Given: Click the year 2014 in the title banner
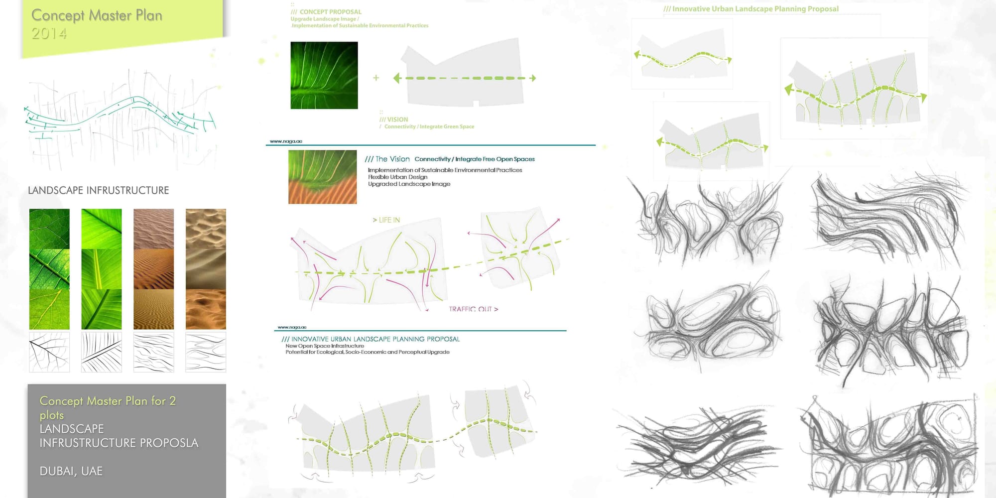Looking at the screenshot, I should click(x=49, y=33).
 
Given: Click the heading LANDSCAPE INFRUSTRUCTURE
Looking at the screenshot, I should click(x=98, y=190).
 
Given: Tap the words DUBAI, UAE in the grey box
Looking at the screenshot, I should click(x=71, y=471).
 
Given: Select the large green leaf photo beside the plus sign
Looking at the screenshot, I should click(x=324, y=75).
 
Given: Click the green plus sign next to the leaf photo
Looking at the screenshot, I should click(x=376, y=78).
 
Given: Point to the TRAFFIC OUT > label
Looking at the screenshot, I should click(x=473, y=309).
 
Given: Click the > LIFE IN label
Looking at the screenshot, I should click(x=386, y=220).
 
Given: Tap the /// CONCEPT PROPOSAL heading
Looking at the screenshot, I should click(x=326, y=12).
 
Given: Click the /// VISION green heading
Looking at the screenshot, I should click(x=393, y=120).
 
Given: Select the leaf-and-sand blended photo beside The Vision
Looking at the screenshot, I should click(x=322, y=177).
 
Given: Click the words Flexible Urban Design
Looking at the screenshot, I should click(x=397, y=177).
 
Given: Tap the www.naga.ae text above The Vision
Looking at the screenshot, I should click(x=286, y=141).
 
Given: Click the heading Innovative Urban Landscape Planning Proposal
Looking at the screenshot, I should click(x=751, y=9).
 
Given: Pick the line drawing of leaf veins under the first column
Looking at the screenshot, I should click(x=49, y=352).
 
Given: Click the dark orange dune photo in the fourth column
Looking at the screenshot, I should click(x=206, y=309).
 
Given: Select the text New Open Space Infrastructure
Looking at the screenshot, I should click(x=324, y=346).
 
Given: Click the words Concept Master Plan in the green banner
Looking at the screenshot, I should click(x=97, y=15).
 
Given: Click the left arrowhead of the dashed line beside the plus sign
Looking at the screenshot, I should click(x=397, y=78).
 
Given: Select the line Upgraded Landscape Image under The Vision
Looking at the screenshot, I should click(x=409, y=184).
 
